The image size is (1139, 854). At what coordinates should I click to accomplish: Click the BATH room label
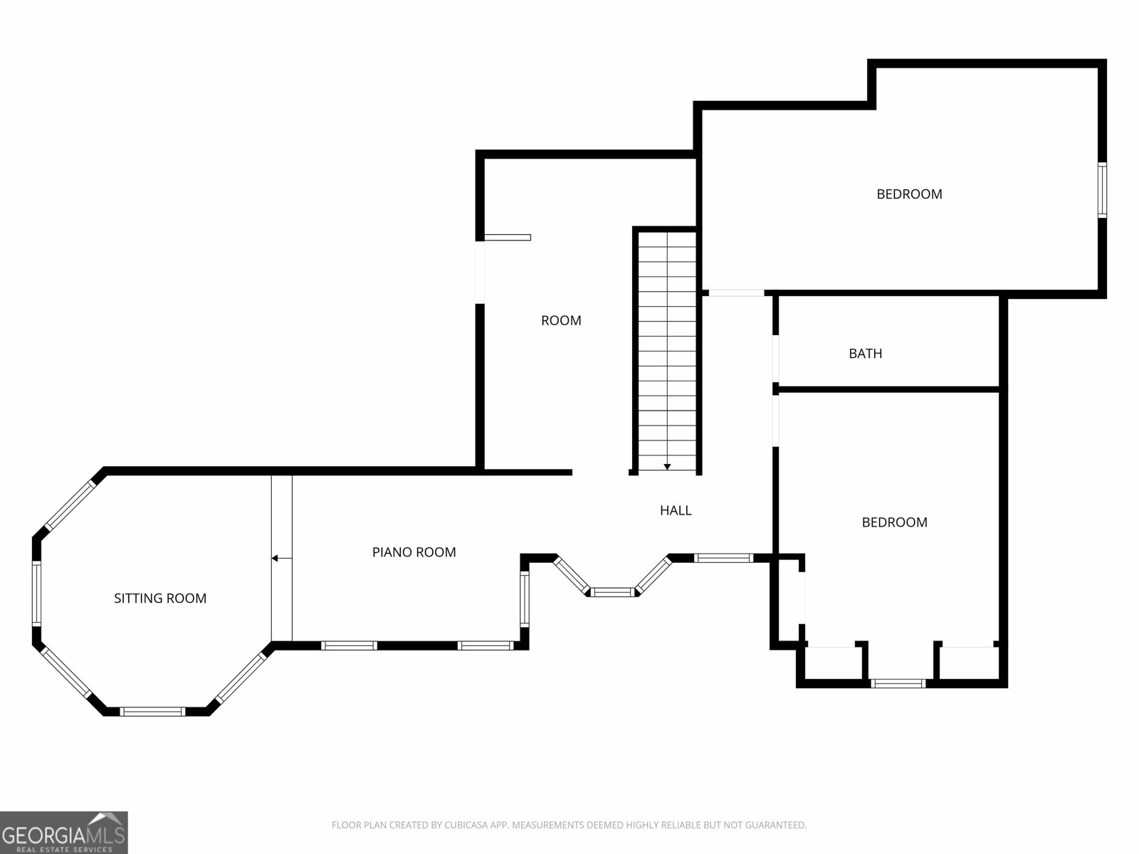pos(865,353)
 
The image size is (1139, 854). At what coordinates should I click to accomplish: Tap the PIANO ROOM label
pos(414,552)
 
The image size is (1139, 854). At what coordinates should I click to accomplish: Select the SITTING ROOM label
pos(160,599)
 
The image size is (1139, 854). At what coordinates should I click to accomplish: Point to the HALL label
pos(676,510)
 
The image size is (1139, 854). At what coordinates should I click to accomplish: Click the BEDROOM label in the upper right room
pos(909,194)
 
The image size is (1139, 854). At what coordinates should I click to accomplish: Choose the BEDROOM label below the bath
pos(894,522)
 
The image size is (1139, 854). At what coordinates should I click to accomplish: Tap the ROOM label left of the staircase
pos(561,320)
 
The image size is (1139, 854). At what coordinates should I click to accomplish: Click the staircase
pos(667,349)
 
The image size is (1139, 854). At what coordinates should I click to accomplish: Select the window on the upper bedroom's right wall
pos(1102,189)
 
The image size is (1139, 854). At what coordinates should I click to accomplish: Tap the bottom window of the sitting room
pos(152,711)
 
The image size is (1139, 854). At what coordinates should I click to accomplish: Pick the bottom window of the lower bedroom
pos(898,683)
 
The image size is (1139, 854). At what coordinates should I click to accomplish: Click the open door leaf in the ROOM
pos(508,238)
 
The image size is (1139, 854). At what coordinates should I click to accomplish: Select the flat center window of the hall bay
pos(613,591)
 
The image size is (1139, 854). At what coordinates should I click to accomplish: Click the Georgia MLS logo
pos(64,832)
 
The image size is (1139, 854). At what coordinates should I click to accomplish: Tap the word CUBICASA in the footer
pos(467,826)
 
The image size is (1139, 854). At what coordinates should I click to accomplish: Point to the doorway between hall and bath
pos(776,360)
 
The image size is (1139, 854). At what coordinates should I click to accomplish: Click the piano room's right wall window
pos(525,599)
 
